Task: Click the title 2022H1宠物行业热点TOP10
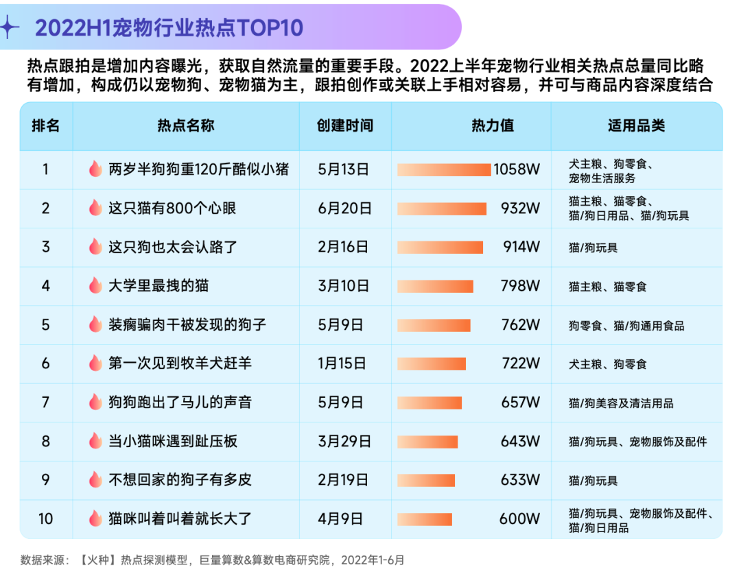tap(169, 28)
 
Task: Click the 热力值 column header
tap(492, 126)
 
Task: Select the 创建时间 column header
tap(344, 126)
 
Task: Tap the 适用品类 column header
tap(636, 126)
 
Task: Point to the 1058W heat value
tap(517, 169)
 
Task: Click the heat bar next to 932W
tap(442, 208)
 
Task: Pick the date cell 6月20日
tap(344, 208)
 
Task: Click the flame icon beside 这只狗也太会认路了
tap(95, 247)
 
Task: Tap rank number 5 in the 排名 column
tap(46, 325)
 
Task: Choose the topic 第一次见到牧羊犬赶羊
tap(180, 363)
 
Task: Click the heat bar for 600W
tap(425, 519)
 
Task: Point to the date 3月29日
tap(344, 442)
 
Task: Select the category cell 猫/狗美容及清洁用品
tap(621, 403)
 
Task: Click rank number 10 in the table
tap(46, 519)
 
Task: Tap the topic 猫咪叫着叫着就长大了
tap(180, 519)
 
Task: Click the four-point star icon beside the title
tap(9, 27)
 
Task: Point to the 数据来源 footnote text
tap(213, 560)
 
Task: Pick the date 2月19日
tap(344, 480)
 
